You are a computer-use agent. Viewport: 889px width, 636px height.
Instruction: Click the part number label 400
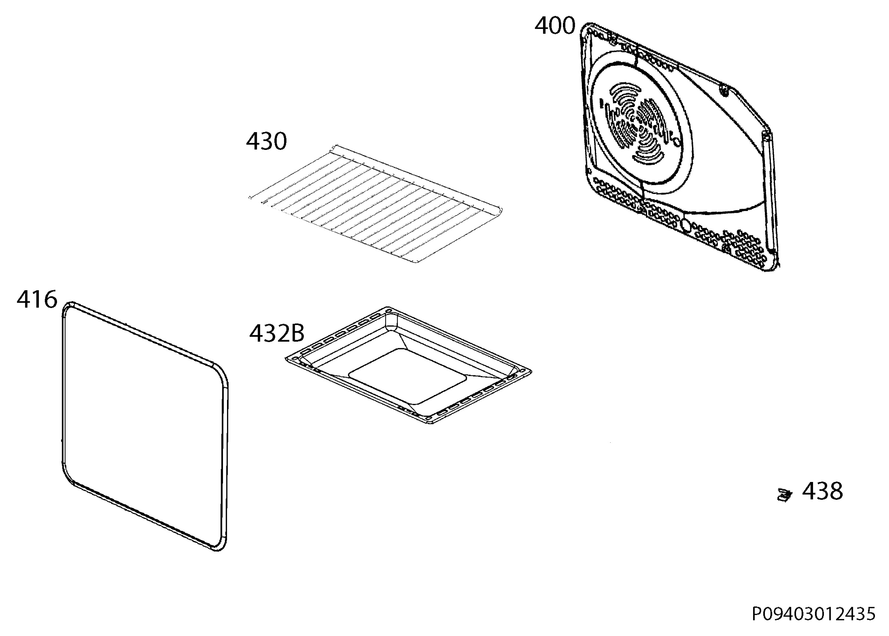555,26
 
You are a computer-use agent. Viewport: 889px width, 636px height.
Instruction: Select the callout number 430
266,141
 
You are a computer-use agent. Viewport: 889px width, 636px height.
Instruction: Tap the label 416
37,299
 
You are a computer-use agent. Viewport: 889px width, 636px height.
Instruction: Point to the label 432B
277,334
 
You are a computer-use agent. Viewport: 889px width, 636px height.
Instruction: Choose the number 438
822,491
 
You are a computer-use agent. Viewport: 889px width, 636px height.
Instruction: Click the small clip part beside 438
785,495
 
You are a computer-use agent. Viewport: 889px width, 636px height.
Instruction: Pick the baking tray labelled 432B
408,366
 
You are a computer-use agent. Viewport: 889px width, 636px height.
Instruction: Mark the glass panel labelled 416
145,426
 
